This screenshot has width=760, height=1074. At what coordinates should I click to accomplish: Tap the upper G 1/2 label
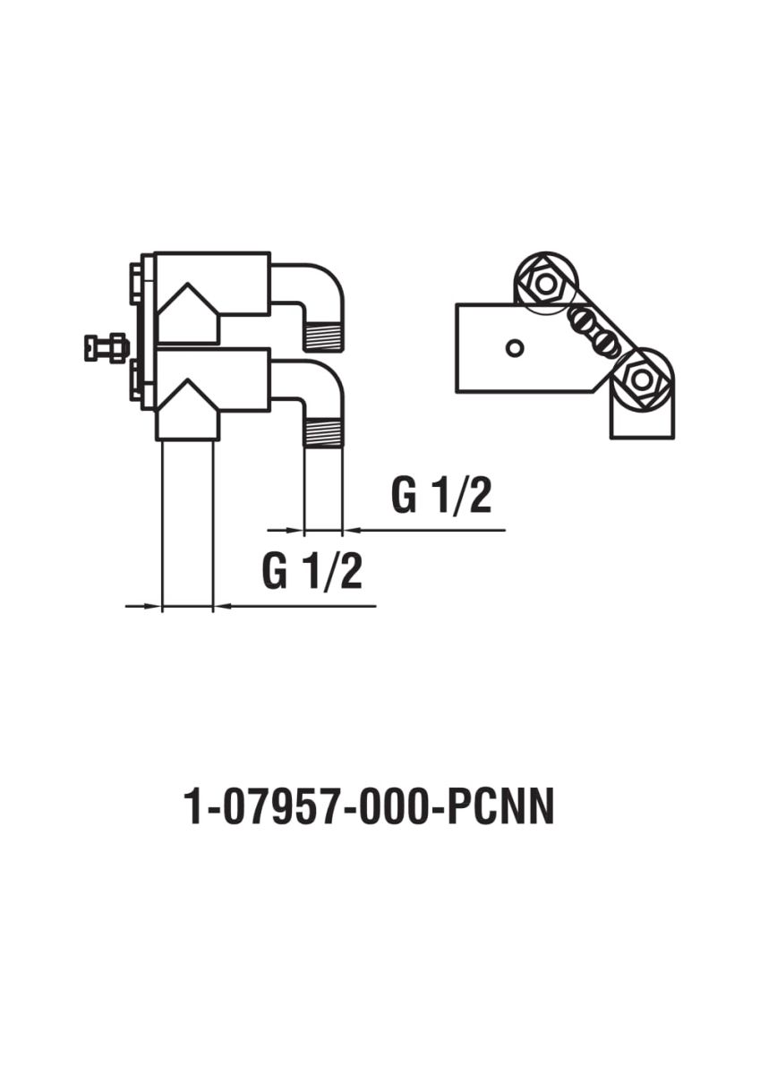pyautogui.click(x=441, y=496)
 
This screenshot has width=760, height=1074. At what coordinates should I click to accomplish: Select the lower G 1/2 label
pyautogui.click(x=312, y=572)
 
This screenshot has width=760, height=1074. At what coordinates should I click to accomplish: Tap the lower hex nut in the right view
pyautogui.click(x=641, y=379)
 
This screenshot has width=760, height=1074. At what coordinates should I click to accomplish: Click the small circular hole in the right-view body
pyautogui.click(x=515, y=348)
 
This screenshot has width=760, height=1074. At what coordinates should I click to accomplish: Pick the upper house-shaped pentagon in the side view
pyautogui.click(x=188, y=313)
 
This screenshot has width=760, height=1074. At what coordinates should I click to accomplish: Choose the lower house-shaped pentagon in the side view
pyautogui.click(x=188, y=410)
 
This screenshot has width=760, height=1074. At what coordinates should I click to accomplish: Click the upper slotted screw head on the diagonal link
pyautogui.click(x=578, y=319)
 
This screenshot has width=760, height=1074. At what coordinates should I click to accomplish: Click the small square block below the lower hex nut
pyautogui.click(x=643, y=417)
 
